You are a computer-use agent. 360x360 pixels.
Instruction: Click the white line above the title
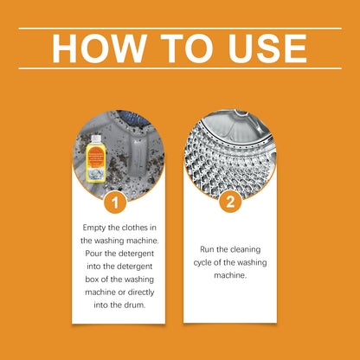click(x=180, y=28)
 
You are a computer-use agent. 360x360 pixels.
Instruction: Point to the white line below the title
click(x=180, y=68)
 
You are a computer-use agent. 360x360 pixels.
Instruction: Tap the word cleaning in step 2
click(x=238, y=249)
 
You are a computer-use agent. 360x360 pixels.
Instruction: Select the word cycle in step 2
click(x=204, y=261)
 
